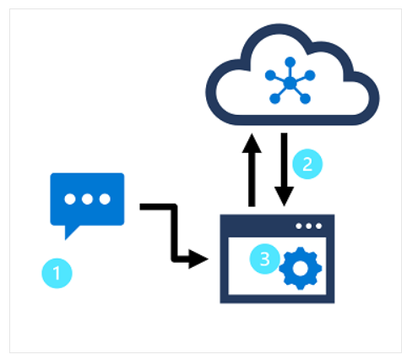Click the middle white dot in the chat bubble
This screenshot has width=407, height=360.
87,199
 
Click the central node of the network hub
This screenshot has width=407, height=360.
289,82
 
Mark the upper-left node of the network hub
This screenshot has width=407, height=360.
270,74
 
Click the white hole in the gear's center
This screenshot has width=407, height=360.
298,266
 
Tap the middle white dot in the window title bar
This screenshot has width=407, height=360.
309,226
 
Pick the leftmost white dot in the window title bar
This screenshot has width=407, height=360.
300,226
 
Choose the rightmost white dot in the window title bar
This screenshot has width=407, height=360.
318,226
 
